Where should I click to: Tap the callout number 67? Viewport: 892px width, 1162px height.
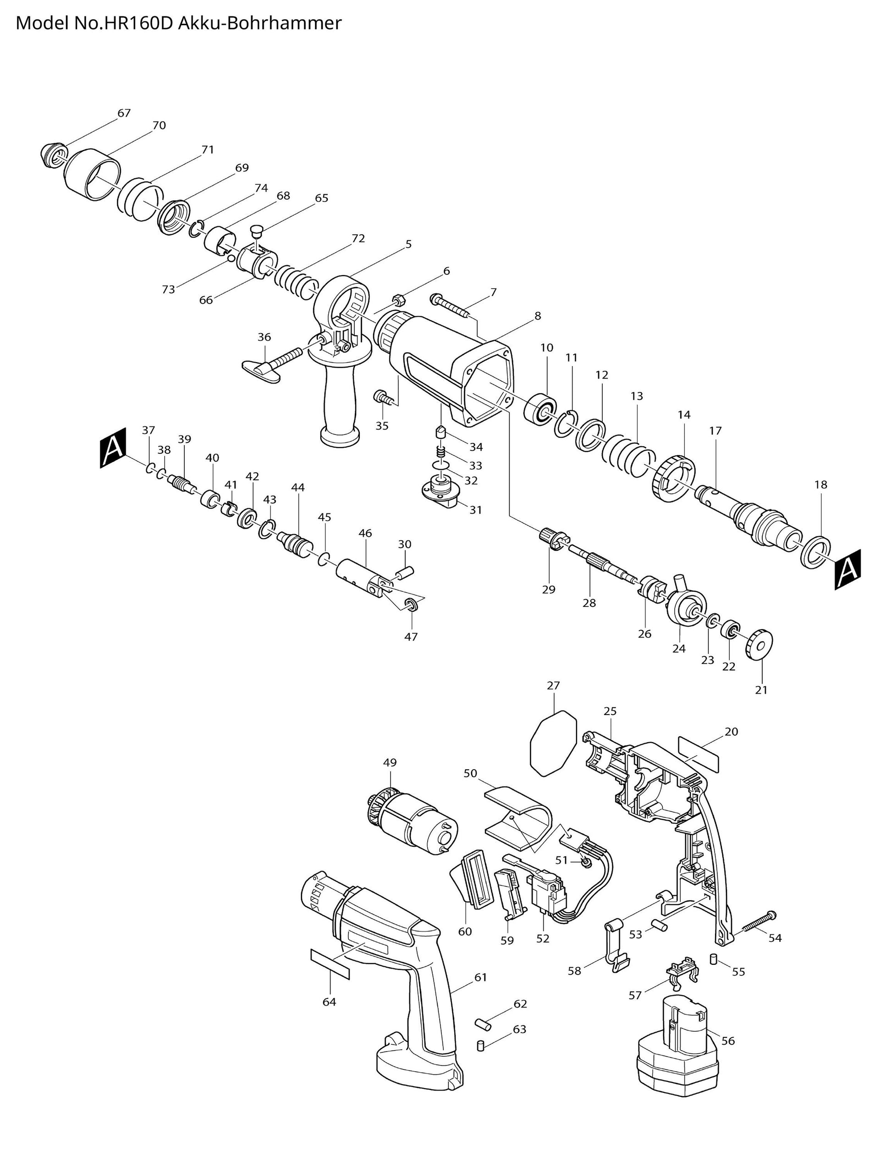coord(124,113)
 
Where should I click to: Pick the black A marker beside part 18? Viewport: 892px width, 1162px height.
coord(848,569)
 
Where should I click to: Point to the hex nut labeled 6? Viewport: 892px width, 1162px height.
coord(400,299)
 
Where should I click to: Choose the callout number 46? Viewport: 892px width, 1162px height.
coord(365,533)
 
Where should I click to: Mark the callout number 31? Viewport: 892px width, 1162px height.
coord(476,510)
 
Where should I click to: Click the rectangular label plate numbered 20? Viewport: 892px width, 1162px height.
coord(698,754)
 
